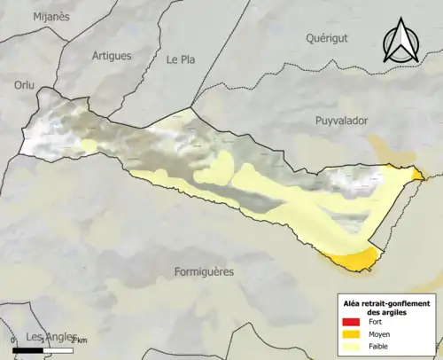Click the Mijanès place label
coord(51,16)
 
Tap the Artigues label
coord(112,55)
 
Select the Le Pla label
coord(180,59)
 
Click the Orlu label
coord(22,85)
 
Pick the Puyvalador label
coord(341,120)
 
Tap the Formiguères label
coord(204,271)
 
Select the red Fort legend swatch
coord(350,322)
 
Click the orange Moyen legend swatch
coord(350,334)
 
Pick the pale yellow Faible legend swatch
coord(350,347)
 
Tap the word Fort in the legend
coord(375,322)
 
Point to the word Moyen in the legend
coord(378,334)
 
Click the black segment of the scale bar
coord(29,350)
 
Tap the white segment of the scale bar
coord(58,350)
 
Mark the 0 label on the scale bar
coord(13,341)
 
